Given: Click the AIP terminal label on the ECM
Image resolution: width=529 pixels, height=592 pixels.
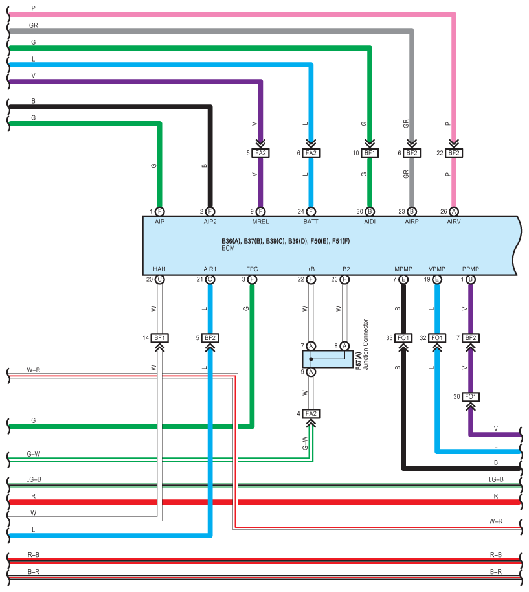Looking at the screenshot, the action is pyautogui.click(x=159, y=222).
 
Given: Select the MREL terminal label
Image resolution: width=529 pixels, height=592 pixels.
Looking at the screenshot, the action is pyautogui.click(x=260, y=222).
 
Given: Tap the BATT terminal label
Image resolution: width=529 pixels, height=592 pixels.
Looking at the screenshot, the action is pyautogui.click(x=311, y=222).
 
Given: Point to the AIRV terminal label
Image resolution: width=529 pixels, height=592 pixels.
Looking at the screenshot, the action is pyautogui.click(x=453, y=222).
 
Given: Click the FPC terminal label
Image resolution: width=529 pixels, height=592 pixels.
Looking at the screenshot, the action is pyautogui.click(x=252, y=269).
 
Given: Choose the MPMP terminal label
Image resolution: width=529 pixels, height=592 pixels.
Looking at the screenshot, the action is pyautogui.click(x=403, y=269).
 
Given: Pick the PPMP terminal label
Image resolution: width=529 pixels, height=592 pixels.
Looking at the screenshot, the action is pyautogui.click(x=471, y=269).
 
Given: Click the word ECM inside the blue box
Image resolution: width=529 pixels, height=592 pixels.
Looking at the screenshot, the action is pyautogui.click(x=228, y=248).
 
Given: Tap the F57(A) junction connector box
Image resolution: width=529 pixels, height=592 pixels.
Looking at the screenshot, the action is pyautogui.click(x=328, y=359).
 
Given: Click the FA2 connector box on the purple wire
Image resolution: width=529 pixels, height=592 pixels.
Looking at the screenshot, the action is pyautogui.click(x=260, y=153).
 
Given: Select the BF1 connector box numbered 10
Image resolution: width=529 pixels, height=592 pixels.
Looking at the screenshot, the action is pyautogui.click(x=370, y=153).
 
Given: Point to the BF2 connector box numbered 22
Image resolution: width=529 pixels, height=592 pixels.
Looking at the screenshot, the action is pyautogui.click(x=453, y=153).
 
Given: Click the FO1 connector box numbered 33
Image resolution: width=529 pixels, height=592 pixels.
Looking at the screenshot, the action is pyautogui.click(x=403, y=338).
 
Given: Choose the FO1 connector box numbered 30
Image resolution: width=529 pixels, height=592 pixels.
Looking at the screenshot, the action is pyautogui.click(x=471, y=397).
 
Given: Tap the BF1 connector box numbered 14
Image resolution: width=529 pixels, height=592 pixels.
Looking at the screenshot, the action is pyautogui.click(x=159, y=338).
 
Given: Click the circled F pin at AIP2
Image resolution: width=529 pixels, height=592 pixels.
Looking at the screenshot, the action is pyautogui.click(x=210, y=211).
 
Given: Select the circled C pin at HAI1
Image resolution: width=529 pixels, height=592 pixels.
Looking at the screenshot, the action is pyautogui.click(x=159, y=279).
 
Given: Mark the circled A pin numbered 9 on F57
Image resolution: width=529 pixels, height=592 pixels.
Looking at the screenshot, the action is pyautogui.click(x=311, y=372).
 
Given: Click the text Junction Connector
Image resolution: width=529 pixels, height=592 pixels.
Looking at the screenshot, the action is pyautogui.click(x=365, y=345).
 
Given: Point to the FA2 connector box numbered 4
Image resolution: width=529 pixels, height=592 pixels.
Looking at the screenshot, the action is pyautogui.click(x=311, y=413).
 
